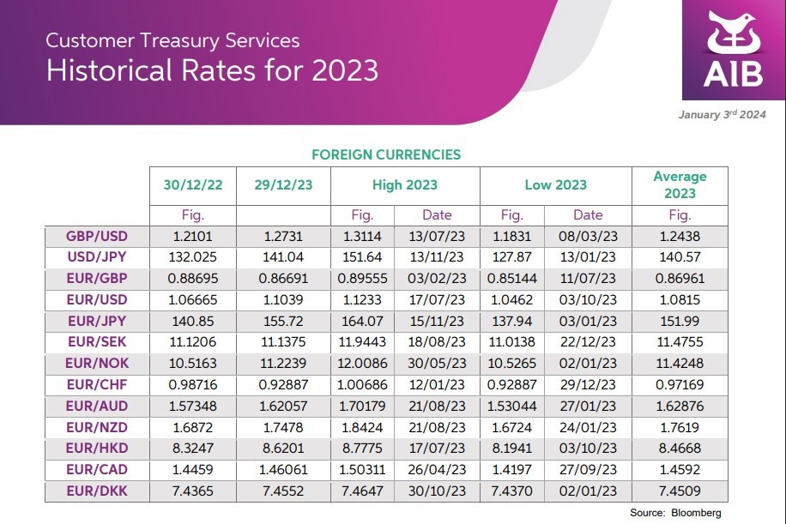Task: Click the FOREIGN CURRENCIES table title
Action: (x=386, y=155)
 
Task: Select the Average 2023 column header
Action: (x=680, y=184)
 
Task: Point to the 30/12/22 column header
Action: (x=192, y=184)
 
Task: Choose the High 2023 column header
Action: (x=405, y=184)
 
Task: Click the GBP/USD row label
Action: (x=96, y=237)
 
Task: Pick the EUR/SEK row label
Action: (x=96, y=341)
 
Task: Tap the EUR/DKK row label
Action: (x=96, y=491)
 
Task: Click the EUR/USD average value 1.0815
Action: (x=680, y=299)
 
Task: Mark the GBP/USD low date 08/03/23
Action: (x=588, y=237)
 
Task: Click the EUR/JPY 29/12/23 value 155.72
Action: (x=283, y=321)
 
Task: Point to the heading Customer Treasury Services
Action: (x=172, y=40)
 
